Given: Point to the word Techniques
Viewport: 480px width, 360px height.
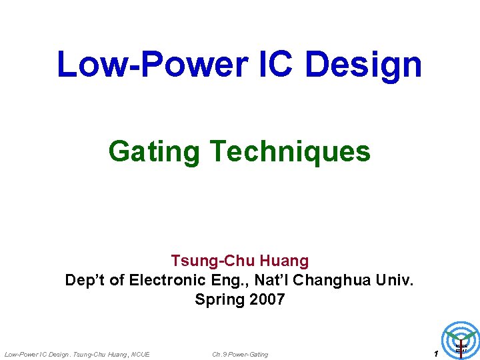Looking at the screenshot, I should (x=289, y=151).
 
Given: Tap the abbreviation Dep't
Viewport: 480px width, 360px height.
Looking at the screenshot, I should (x=85, y=280).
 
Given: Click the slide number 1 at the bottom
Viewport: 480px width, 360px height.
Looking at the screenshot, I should (x=435, y=353).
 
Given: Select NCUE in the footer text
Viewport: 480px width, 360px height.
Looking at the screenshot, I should (x=141, y=354).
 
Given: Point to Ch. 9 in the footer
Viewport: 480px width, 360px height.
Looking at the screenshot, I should (x=219, y=354).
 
